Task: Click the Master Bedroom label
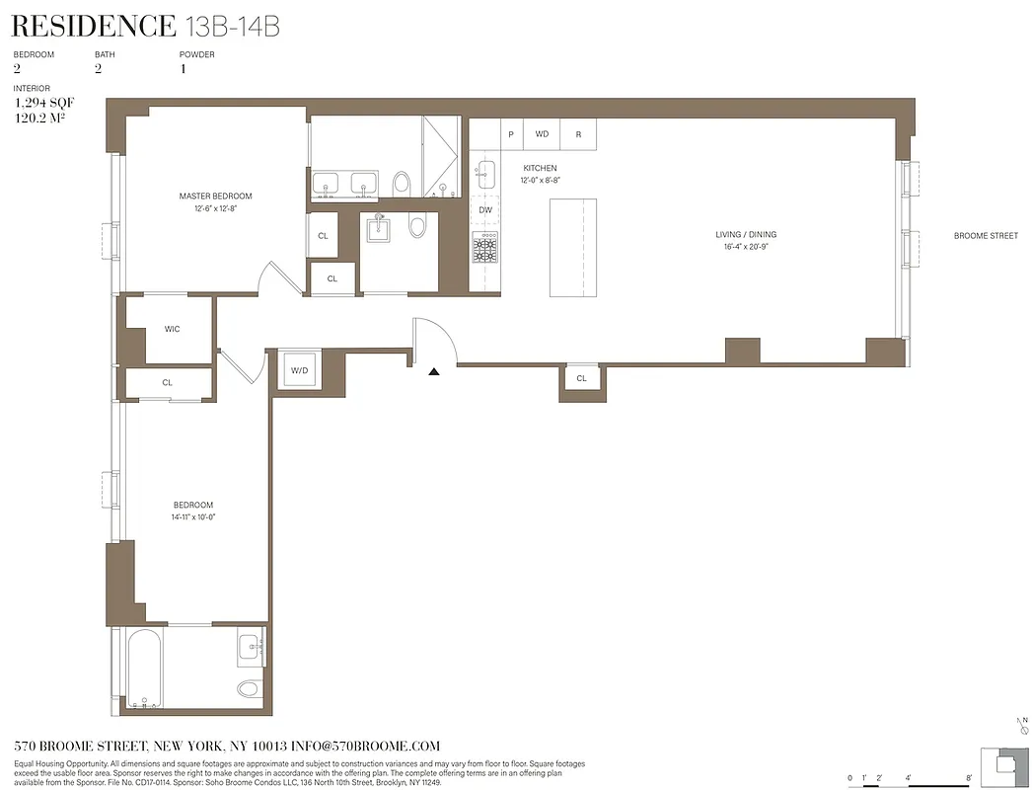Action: click(x=215, y=196)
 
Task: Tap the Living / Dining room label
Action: click(x=746, y=235)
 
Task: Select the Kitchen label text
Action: click(x=540, y=169)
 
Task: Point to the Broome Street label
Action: click(x=985, y=236)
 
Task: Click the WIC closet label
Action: click(x=172, y=329)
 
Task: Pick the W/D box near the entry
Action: click(x=298, y=371)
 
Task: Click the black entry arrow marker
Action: click(x=433, y=371)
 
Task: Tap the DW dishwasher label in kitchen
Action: click(x=485, y=210)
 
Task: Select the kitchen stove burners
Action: click(x=484, y=249)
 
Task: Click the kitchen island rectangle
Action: click(x=573, y=247)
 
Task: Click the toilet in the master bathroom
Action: click(x=402, y=183)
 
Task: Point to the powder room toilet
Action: click(x=416, y=227)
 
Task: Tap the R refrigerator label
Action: click(x=578, y=134)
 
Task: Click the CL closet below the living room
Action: click(x=581, y=378)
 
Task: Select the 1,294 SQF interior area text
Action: click(x=43, y=103)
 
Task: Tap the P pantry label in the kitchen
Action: click(x=511, y=134)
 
